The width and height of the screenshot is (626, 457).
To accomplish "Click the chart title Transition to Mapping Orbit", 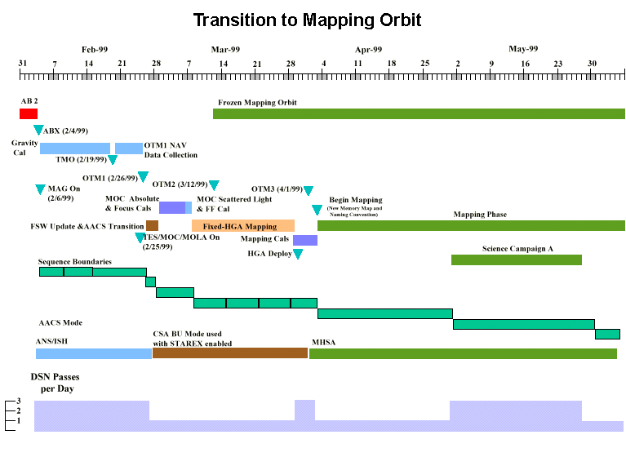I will (307, 19).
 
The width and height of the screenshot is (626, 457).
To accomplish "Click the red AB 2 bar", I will (29, 113).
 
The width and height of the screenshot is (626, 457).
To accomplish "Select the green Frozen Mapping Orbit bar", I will (419, 113).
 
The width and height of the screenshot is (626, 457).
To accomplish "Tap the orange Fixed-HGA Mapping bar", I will (242, 225).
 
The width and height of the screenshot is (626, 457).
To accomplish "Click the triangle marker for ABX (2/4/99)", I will (38, 131).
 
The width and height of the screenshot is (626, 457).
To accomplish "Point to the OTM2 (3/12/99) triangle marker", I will (214, 185).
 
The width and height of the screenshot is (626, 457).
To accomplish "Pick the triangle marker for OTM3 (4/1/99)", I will (308, 191).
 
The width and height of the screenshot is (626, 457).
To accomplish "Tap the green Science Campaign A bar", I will (516, 260).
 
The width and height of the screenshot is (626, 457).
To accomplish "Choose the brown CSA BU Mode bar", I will (229, 353).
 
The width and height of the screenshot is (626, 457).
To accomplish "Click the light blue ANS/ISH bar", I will (93, 353).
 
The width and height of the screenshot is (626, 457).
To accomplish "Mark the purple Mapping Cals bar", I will (305, 240).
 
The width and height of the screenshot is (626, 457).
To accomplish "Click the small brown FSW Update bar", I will (152, 225).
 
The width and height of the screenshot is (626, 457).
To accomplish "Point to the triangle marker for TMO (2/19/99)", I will (113, 160).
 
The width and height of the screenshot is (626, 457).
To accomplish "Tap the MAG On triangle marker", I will (40, 189).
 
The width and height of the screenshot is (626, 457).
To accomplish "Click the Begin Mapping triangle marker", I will (317, 211).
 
